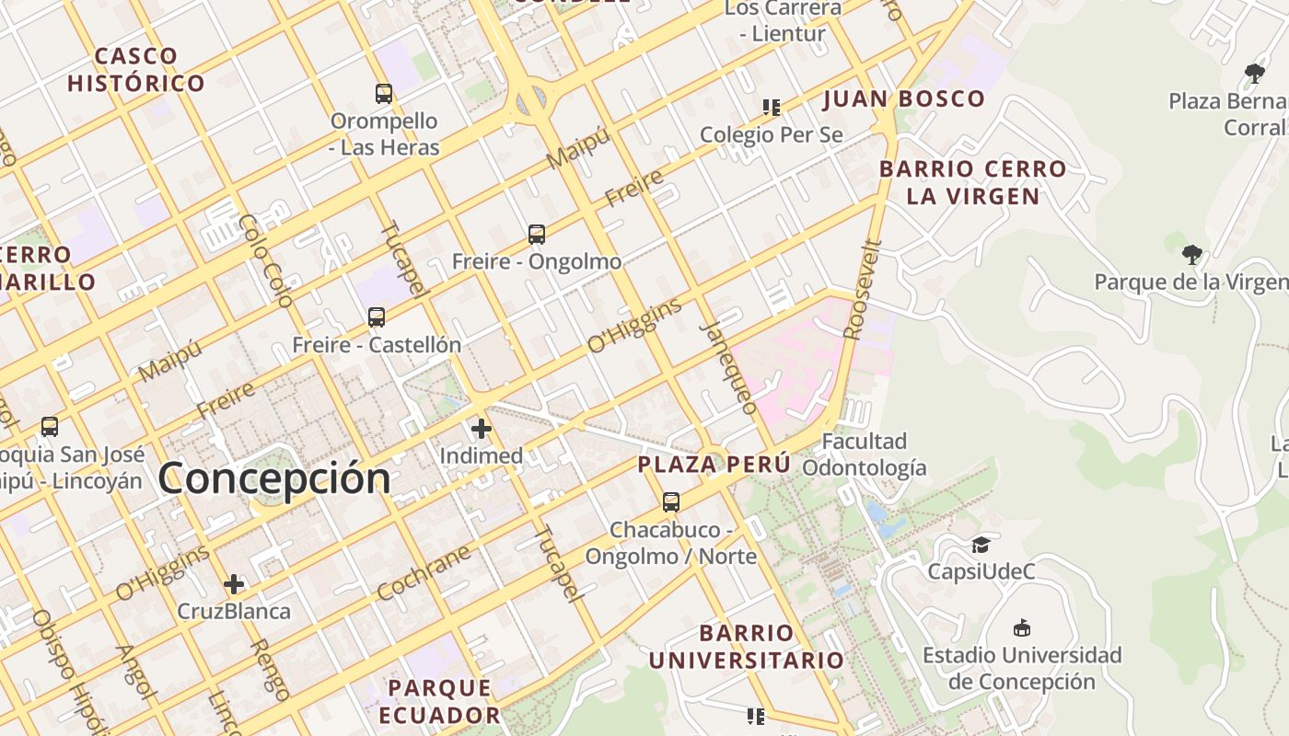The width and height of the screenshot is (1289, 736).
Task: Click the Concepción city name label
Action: [x=274, y=479]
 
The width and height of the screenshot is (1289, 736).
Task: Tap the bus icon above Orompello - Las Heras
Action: [x=384, y=93]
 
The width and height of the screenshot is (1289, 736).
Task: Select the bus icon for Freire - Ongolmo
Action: [x=537, y=234]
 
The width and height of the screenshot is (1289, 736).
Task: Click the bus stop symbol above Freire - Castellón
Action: [x=377, y=317]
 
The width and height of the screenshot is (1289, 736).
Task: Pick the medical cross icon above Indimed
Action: [x=482, y=429]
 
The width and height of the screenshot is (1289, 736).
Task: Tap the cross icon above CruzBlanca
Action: [x=234, y=584]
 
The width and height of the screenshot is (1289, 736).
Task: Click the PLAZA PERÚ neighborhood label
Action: [x=714, y=465]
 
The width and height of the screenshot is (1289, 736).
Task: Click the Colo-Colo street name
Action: [x=265, y=260]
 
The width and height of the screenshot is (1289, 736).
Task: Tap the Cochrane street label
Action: [x=424, y=572]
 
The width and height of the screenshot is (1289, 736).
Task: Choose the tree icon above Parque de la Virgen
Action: [x=1192, y=254]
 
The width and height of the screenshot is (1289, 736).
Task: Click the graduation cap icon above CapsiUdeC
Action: [x=981, y=545]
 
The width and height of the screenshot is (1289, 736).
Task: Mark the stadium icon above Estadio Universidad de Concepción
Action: [x=1021, y=628]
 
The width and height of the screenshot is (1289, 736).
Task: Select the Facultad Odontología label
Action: [x=864, y=454]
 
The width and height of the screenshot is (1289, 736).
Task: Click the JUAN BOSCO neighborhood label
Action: [x=903, y=98]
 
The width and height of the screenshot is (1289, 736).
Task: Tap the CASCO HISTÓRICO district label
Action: [x=136, y=70]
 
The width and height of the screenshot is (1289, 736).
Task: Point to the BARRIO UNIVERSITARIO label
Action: [x=747, y=647]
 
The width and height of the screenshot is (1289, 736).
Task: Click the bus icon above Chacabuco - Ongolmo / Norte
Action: [x=671, y=502]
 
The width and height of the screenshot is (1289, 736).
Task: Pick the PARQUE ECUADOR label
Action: [x=439, y=701]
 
